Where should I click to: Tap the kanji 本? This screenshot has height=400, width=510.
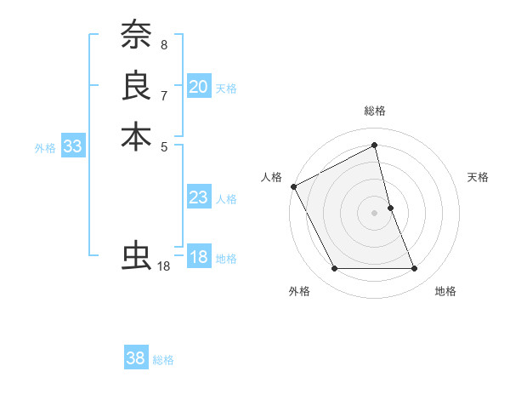(x=136, y=136)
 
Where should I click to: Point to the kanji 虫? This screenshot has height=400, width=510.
(x=136, y=255)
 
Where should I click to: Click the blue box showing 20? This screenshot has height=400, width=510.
(x=199, y=87)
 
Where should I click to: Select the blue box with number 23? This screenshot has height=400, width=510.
(x=199, y=198)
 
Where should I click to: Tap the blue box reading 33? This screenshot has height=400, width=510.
(x=73, y=146)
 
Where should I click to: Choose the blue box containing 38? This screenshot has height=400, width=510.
(x=136, y=358)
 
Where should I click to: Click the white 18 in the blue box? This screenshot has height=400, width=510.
(x=199, y=257)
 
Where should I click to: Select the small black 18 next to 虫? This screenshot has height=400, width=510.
(x=164, y=266)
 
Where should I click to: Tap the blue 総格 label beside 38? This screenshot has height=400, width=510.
(x=163, y=360)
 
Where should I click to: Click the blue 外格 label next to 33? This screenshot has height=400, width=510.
(x=45, y=148)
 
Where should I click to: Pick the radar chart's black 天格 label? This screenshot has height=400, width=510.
(x=479, y=177)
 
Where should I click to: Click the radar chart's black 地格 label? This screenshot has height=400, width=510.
(x=445, y=291)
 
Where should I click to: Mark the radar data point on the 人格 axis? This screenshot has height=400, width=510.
(x=293, y=186)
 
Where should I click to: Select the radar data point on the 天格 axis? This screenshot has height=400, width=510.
(x=390, y=208)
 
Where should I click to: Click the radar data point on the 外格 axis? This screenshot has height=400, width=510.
(x=334, y=269)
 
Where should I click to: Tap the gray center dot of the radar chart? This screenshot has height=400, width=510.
(x=375, y=213)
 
